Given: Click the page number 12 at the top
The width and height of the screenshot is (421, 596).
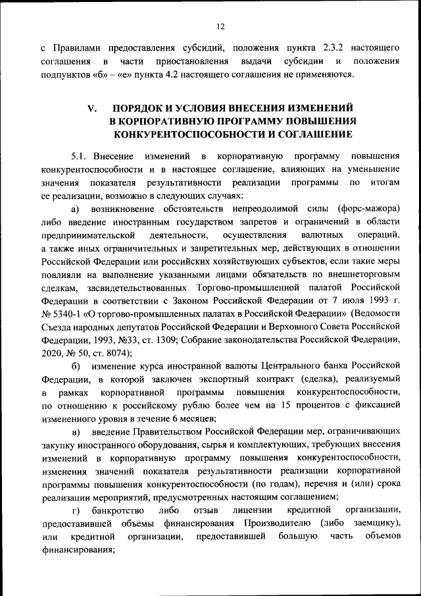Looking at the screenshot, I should tap(220, 26).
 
